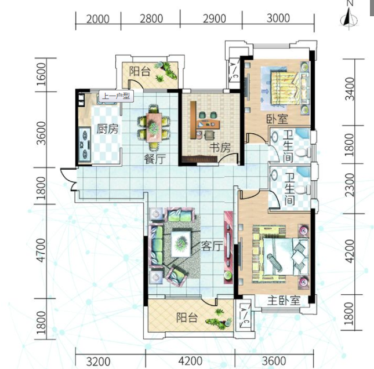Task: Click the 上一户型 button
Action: point(116,96)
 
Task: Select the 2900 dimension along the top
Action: point(214,19)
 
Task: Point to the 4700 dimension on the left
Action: point(41,250)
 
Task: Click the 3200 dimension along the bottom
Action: point(98,361)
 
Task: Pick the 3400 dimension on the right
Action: point(350,89)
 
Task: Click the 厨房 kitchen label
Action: point(107,129)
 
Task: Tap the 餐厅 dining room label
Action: point(155,159)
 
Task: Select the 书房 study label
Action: point(220,148)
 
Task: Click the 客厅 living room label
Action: point(212,246)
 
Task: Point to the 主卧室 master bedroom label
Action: point(284,301)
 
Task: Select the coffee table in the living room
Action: point(181,243)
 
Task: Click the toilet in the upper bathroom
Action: point(303,152)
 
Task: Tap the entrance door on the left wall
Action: point(68,179)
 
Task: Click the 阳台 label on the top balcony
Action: point(140,71)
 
